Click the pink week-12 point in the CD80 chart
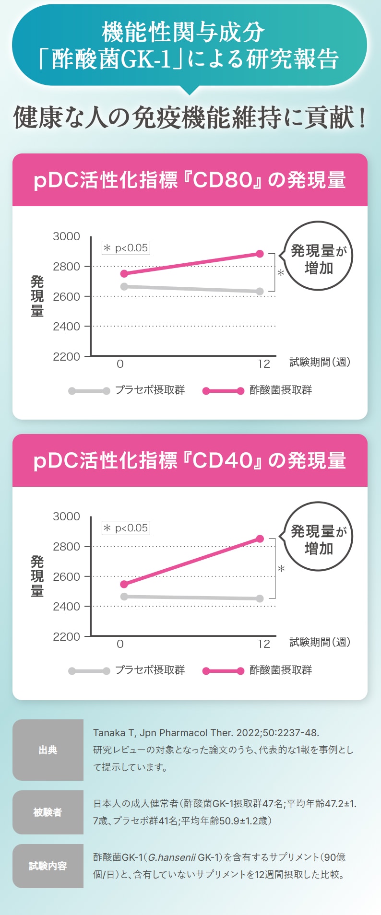coord(260,254)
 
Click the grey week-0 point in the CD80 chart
coord(124,286)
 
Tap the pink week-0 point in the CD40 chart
coord(124,584)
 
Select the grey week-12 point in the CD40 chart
coord(260,598)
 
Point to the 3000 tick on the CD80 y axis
coord(66,236)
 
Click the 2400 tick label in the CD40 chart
coord(66,607)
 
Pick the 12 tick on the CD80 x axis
coord(264,364)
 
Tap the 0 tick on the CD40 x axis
coord(120,644)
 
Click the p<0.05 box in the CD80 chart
coord(126,248)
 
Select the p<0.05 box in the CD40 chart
coord(126,528)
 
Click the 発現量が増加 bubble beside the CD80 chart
coord(318,256)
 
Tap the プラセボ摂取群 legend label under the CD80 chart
coord(150,390)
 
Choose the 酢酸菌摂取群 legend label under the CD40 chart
coord(281,670)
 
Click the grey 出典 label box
coord(48,750)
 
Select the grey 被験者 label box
coord(48,812)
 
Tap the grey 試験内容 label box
coord(48,866)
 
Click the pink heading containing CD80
coord(190,180)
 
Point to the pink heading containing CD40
coord(190,460)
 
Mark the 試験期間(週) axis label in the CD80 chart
coord(320,363)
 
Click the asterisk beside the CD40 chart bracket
coord(281,569)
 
